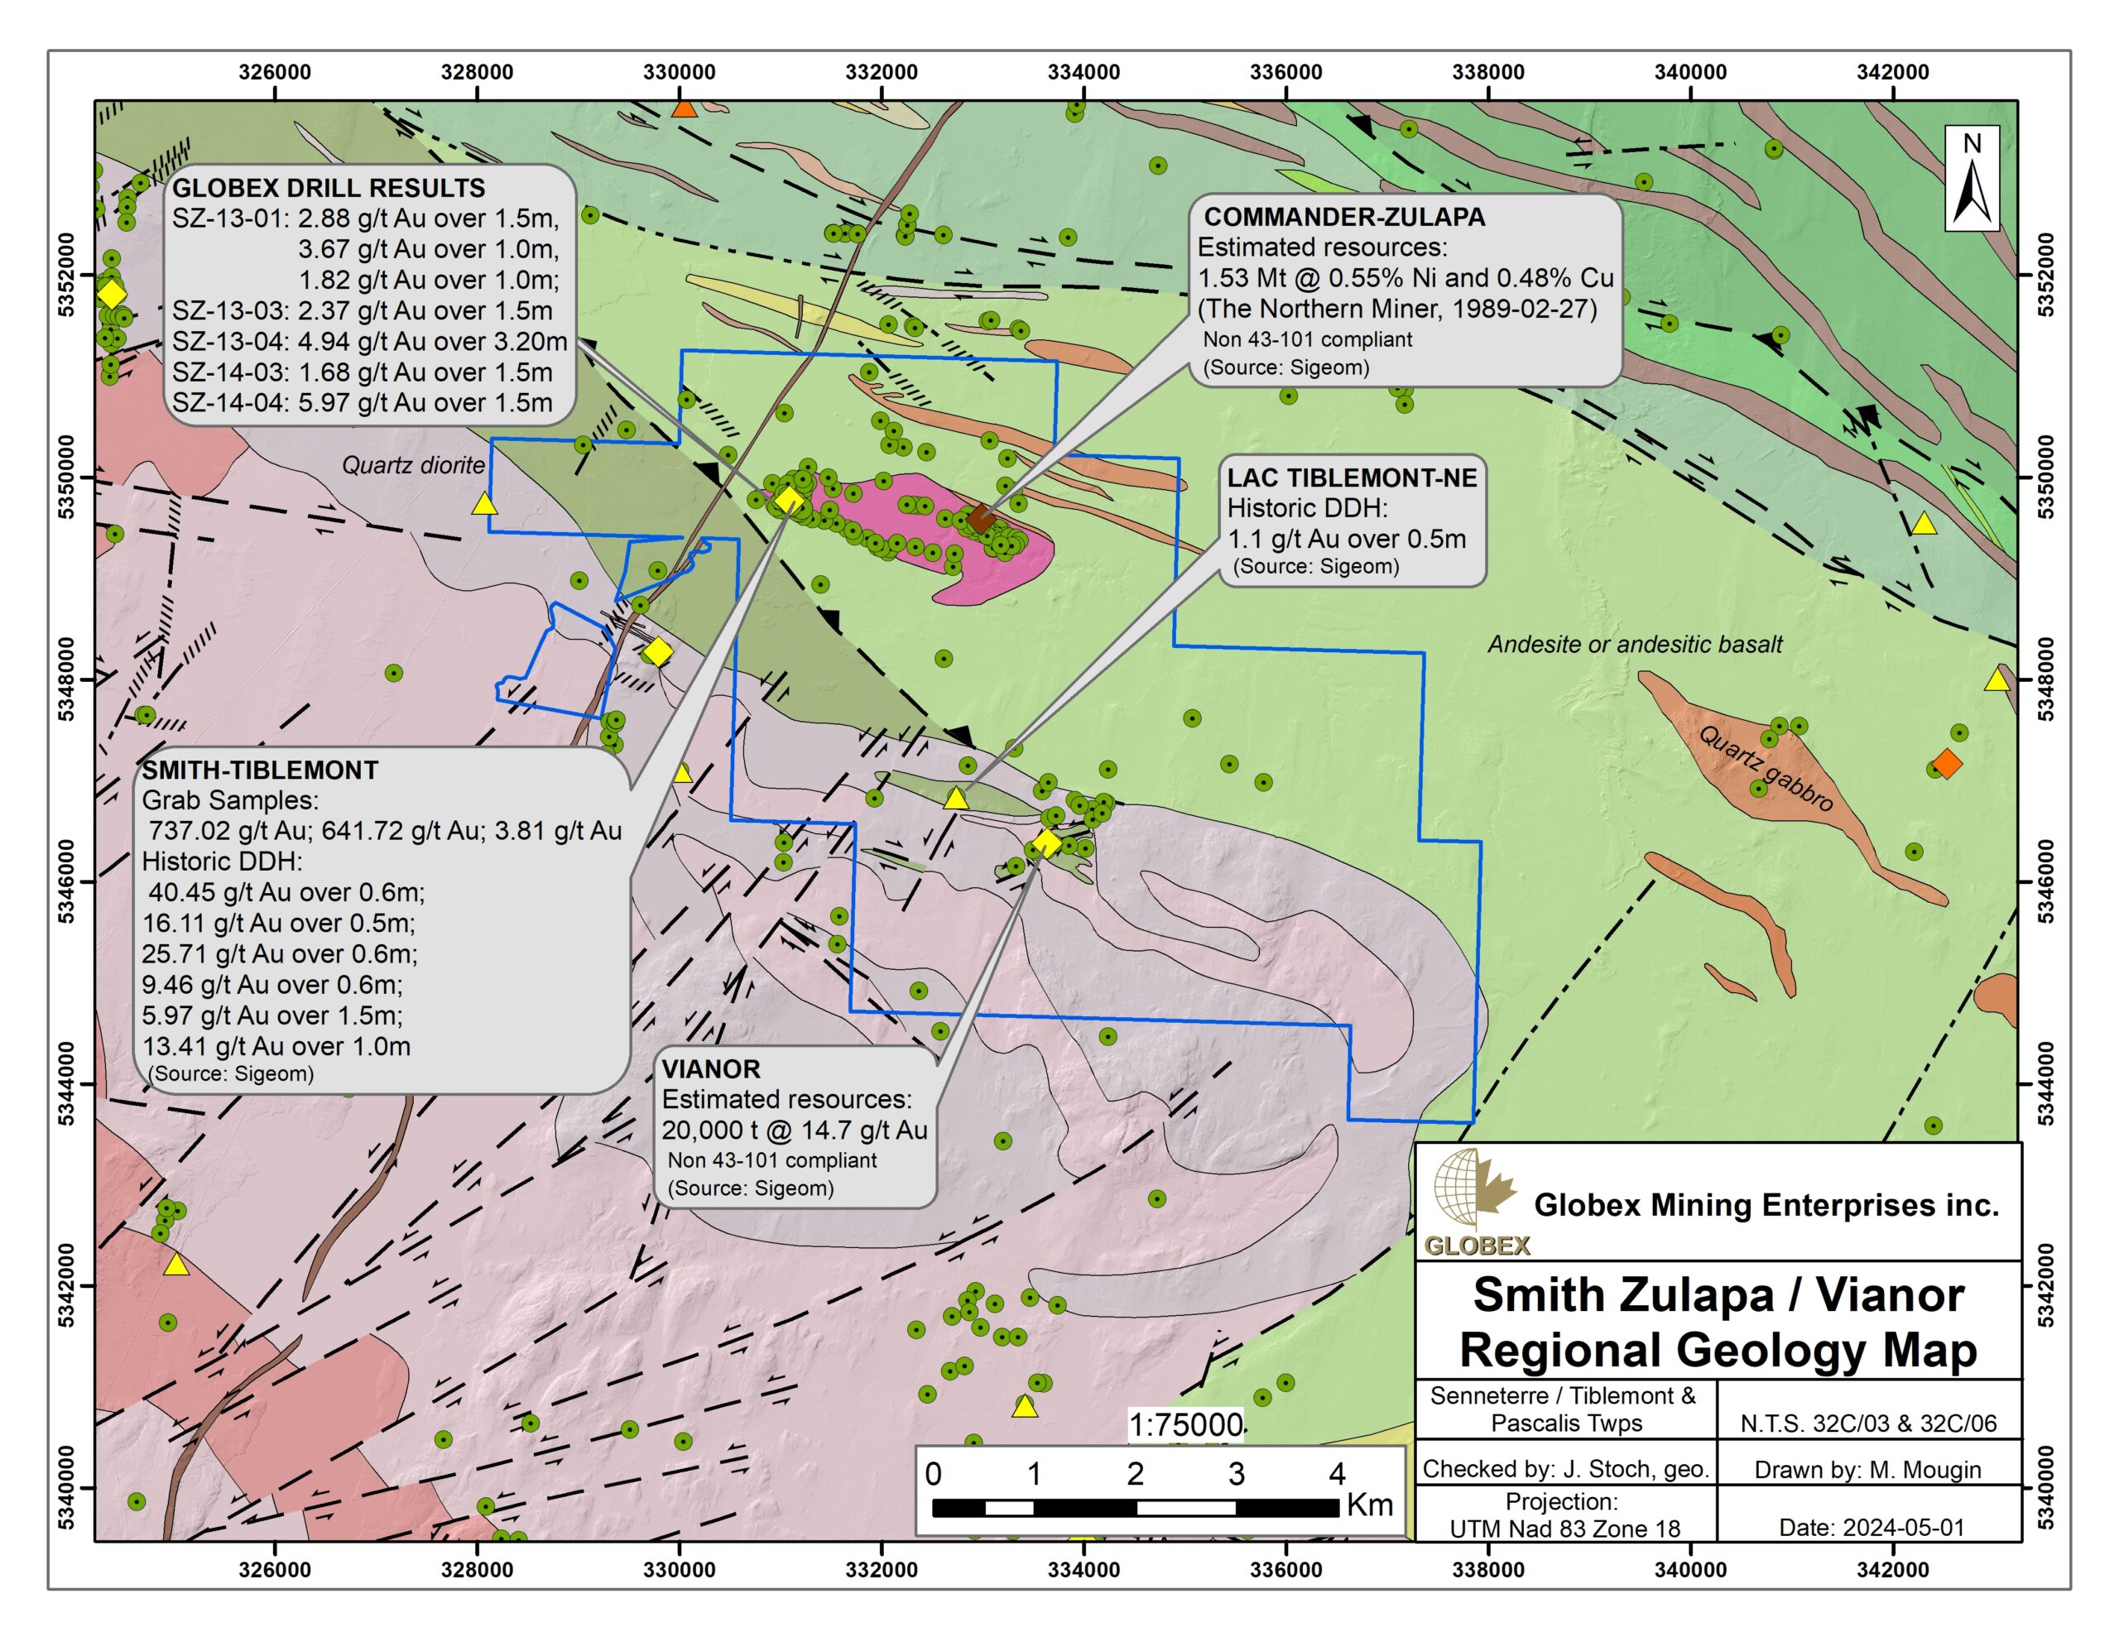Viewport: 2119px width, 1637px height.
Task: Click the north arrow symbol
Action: click(1972, 180)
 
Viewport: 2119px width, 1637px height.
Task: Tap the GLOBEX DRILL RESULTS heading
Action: click(328, 187)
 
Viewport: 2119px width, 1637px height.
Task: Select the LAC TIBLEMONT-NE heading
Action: click(1352, 478)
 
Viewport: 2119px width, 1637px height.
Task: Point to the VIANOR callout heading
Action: click(710, 1068)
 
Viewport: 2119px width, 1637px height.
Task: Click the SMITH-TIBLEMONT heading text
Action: click(259, 770)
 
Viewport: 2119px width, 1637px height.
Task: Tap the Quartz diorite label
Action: click(412, 465)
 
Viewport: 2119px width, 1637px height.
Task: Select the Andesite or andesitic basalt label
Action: click(1635, 645)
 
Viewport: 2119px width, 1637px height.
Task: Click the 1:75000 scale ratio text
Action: click(1184, 1424)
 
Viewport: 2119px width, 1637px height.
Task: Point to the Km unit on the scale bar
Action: click(1369, 1505)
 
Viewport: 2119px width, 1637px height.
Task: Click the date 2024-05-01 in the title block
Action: click(1871, 1528)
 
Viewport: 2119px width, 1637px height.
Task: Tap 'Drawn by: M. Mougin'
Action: click(1867, 1469)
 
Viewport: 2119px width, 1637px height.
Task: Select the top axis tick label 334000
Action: click(1083, 72)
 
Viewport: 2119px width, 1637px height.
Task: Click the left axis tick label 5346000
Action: click(67, 882)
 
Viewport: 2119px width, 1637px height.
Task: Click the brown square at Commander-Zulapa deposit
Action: click(980, 518)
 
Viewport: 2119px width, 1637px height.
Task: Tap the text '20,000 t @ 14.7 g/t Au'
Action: click(794, 1130)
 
